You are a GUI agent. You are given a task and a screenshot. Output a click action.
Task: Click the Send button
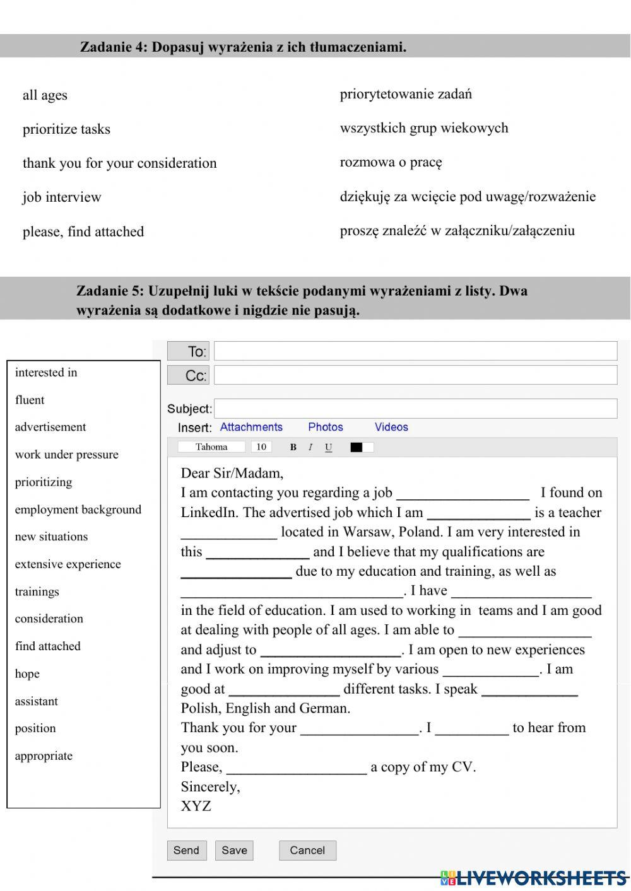point(187,850)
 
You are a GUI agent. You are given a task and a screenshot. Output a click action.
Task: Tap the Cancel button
point(307,850)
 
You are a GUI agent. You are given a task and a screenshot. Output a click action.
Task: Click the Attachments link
point(251,427)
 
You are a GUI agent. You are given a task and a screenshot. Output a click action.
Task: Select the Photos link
point(326,427)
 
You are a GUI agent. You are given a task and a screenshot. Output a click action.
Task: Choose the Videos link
point(391,427)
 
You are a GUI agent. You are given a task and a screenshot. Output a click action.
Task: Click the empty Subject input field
point(415,409)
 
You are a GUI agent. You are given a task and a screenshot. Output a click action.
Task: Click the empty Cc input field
point(415,375)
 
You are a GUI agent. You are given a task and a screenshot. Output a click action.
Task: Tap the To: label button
point(188,351)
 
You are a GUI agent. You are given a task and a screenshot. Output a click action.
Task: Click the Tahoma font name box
point(211,447)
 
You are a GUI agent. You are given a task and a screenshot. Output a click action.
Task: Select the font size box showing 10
point(261,447)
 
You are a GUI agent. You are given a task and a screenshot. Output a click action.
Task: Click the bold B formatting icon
point(293,447)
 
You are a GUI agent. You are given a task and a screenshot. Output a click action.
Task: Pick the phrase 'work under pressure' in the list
point(66,455)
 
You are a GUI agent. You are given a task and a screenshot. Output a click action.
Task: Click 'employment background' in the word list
point(78,510)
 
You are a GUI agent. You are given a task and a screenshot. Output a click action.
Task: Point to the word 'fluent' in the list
point(30,400)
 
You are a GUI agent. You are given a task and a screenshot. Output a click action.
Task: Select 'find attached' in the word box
point(48,646)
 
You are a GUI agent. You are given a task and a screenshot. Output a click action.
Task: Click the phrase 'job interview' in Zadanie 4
point(62,197)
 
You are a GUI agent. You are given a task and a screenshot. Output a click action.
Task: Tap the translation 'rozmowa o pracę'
point(391,162)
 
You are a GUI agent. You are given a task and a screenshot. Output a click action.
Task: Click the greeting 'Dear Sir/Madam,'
point(232,473)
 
